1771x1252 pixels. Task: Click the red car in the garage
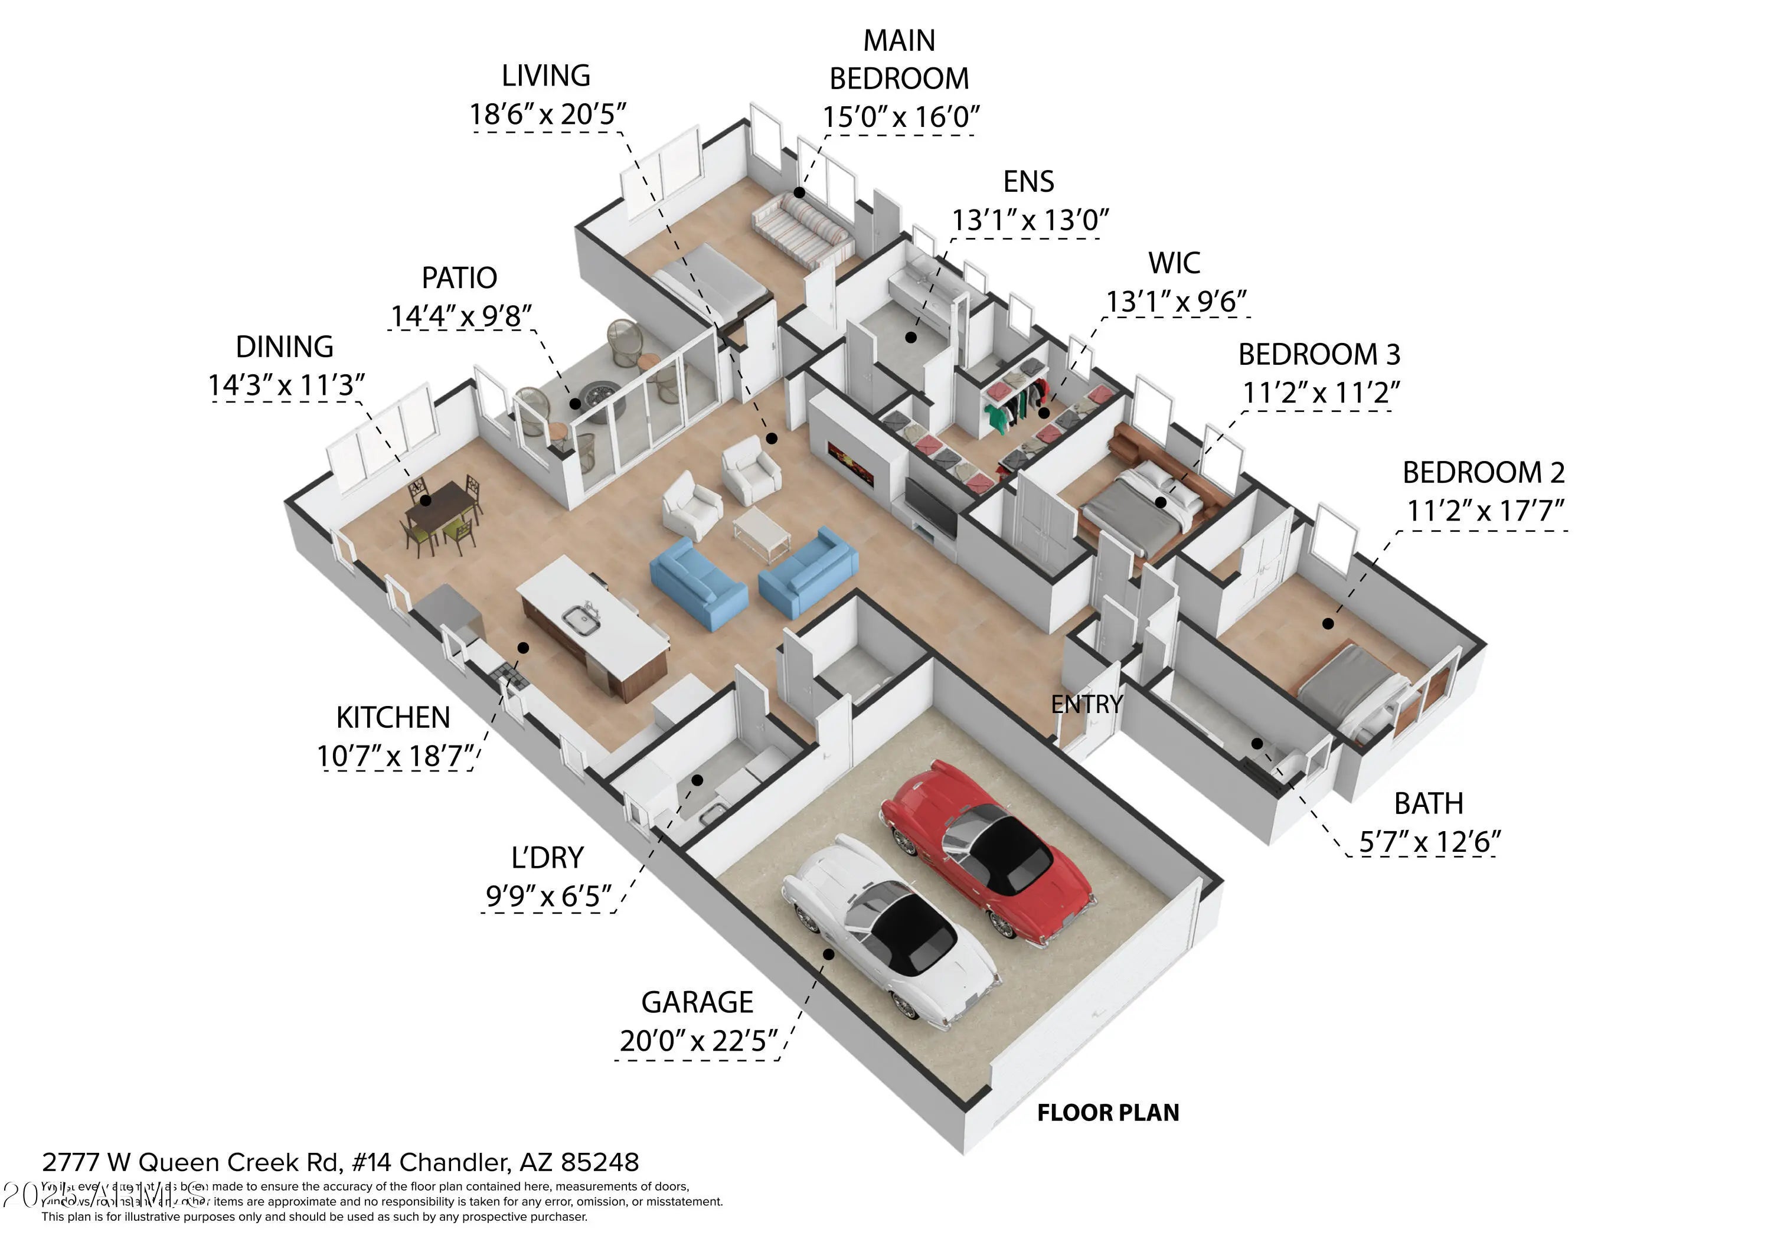click(987, 849)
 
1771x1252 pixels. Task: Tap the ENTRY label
click(1086, 704)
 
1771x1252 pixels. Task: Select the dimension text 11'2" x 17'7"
click(1485, 511)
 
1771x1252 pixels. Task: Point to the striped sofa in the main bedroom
click(802, 224)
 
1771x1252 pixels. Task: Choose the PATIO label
click(459, 277)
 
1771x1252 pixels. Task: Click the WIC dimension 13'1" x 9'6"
click(1177, 302)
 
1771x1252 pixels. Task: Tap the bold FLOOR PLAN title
click(1107, 1112)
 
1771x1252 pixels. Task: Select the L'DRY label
click(547, 858)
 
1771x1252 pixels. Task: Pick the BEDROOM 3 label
click(1318, 354)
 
